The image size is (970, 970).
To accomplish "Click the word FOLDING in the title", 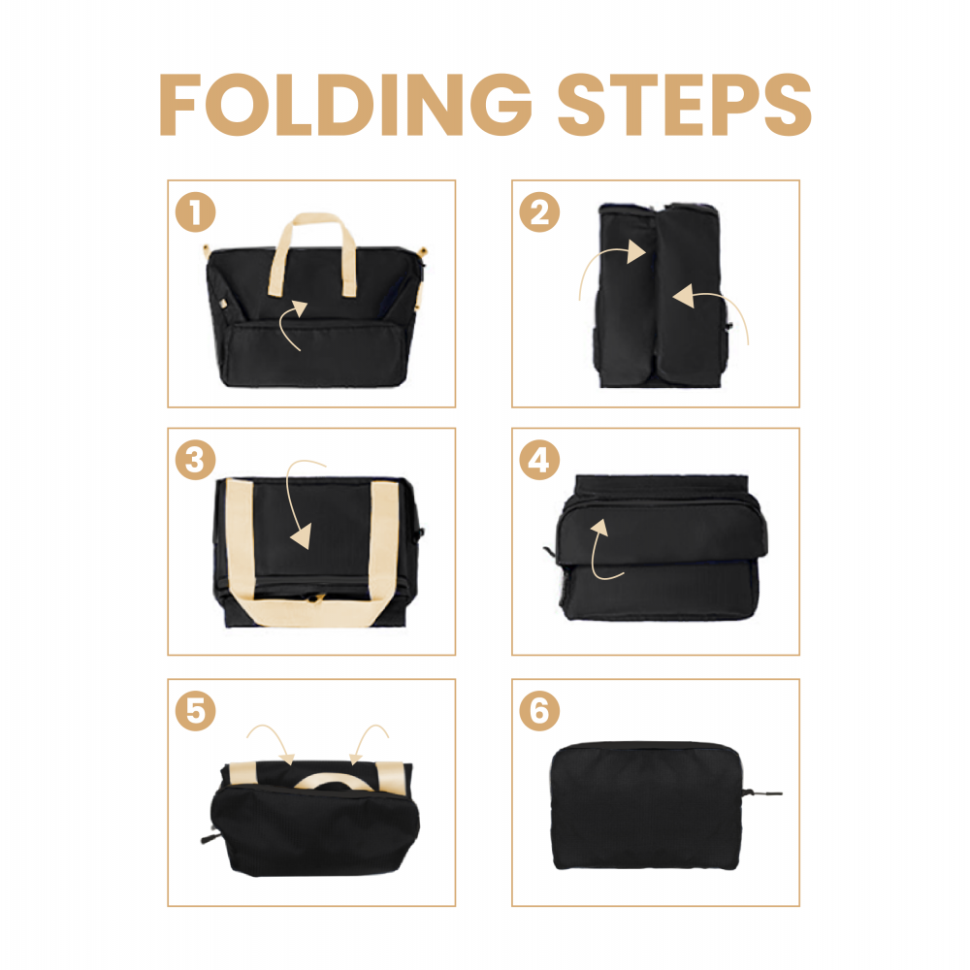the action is pos(345,104).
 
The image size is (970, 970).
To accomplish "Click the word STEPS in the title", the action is pos(685,104).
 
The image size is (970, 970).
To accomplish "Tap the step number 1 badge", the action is pos(196,212).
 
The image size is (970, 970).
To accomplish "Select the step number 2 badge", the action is pos(539,212).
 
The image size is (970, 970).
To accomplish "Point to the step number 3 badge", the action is pos(196,460).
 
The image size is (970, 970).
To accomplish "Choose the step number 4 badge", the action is pos(539,460).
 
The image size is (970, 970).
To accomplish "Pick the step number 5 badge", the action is pos(196,711).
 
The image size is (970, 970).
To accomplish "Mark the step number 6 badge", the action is pos(539,711).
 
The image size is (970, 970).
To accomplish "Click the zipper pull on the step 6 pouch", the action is pos(762,793).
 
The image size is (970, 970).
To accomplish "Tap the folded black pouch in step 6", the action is pos(646,805).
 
